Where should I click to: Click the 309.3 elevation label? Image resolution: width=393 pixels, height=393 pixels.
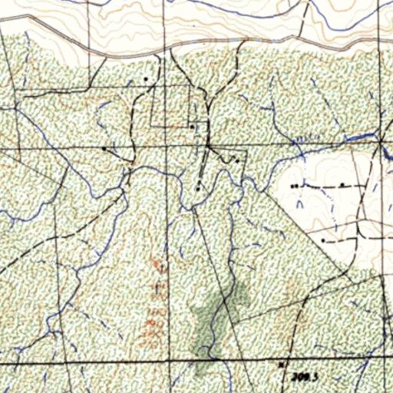pyautogui.click(x=305, y=376)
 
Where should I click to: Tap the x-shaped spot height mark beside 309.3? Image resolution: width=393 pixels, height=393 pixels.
pyautogui.click(x=282, y=363)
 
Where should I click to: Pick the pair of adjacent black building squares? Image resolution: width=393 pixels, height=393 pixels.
pyautogui.click(x=294, y=187)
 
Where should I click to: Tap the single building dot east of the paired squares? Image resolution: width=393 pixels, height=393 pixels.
pyautogui.click(x=341, y=186)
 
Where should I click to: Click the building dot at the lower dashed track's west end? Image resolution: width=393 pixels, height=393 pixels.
pyautogui.click(x=324, y=240)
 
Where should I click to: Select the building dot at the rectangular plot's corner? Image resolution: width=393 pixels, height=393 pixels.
pyautogui.click(x=191, y=127)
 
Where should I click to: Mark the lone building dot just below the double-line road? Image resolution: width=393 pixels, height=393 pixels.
pyautogui.click(x=146, y=79)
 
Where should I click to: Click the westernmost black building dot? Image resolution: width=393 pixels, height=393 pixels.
pyautogui.click(x=105, y=147)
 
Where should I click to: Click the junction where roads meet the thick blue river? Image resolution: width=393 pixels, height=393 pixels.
pyautogui.click(x=381, y=140)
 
